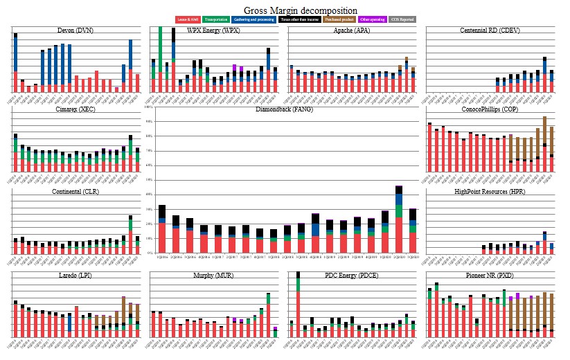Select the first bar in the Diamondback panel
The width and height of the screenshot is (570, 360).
[162, 229]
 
